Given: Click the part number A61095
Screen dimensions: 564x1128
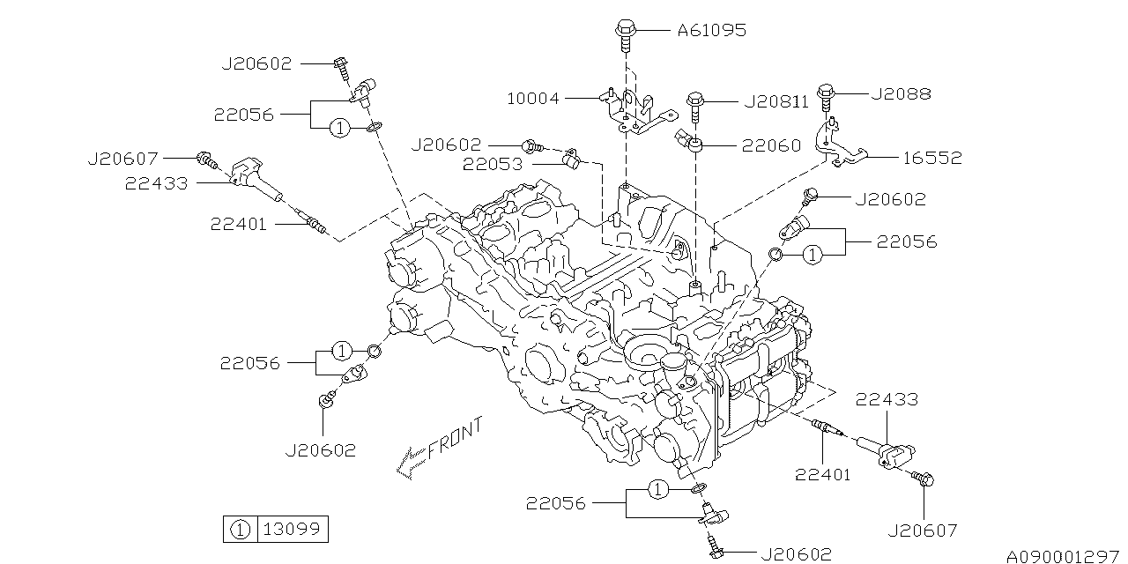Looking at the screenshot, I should (711, 31).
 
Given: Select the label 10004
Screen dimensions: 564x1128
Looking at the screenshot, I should (532, 99).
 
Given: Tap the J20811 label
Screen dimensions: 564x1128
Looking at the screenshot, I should (775, 102).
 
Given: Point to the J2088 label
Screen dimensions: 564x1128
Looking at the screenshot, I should (900, 93).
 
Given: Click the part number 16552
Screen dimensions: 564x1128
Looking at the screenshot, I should (931, 159).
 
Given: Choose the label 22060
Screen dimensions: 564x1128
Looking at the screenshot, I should (770, 145).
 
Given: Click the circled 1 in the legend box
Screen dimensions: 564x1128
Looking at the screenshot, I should (238, 530).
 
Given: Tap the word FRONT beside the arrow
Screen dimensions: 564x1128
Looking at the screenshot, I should (456, 438).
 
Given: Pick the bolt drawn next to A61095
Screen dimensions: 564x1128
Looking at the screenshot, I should (622, 33).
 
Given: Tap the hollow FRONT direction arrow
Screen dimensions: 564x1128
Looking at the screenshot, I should (410, 462).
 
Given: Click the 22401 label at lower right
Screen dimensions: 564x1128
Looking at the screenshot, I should (822, 475).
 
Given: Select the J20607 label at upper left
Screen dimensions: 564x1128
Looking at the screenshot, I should (123, 159).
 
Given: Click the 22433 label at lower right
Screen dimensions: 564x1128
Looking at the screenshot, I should (886, 399).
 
